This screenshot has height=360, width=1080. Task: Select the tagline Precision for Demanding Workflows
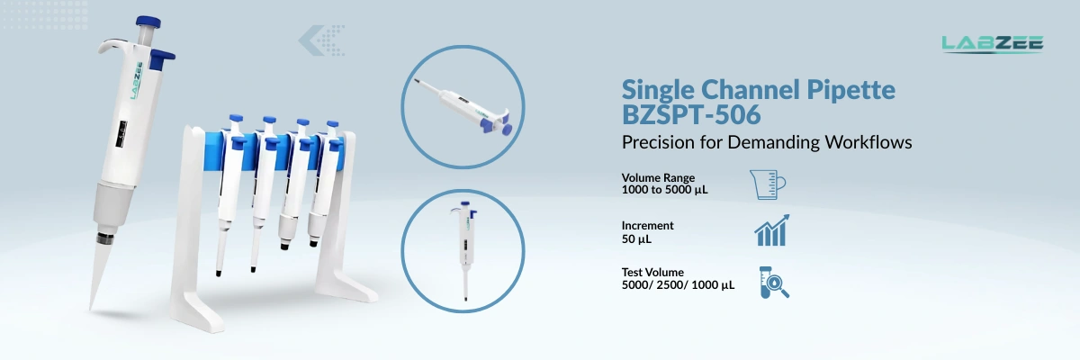(x=768, y=142)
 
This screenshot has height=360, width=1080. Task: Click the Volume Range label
(x=658, y=177)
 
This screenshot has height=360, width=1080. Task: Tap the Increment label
(x=647, y=226)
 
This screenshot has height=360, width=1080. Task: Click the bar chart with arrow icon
(x=771, y=230)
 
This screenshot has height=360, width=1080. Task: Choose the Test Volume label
(x=652, y=273)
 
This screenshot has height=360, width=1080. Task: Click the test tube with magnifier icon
(x=772, y=281)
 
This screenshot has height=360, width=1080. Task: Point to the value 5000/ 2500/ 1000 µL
(x=678, y=285)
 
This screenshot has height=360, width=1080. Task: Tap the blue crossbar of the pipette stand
(x=279, y=145)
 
